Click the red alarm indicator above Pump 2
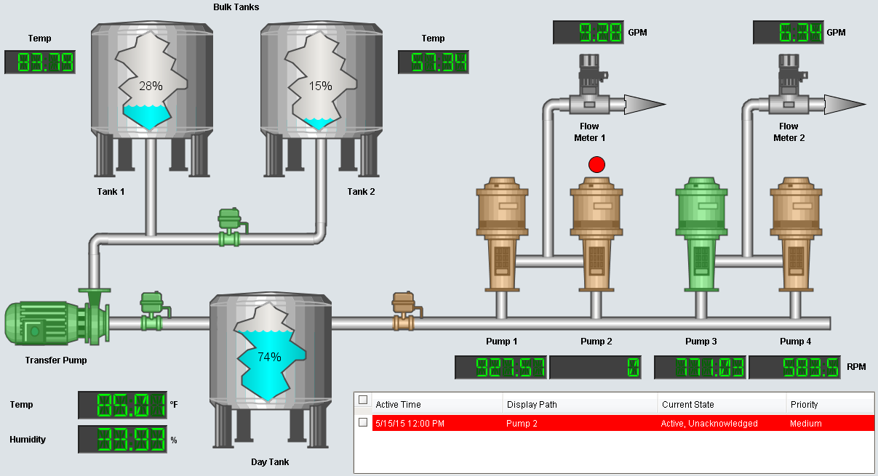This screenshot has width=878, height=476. coord(596,164)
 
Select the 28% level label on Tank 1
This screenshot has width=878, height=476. coord(151,86)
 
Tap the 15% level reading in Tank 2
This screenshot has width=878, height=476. coord(320,86)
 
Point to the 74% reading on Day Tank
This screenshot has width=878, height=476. coord(269,357)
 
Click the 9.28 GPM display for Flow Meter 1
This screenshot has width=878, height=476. coord(588,33)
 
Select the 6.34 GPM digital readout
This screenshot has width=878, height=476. coord(788,33)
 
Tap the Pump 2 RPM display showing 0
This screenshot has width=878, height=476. coord(595,368)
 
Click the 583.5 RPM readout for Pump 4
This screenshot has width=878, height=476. coord(794,368)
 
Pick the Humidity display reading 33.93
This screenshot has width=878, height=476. coord(122,440)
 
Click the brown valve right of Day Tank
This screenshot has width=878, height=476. coord(403,311)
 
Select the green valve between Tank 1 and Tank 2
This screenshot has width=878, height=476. coord(231,227)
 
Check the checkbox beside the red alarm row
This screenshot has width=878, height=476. coord(363,422)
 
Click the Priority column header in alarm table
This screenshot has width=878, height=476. coord(804,404)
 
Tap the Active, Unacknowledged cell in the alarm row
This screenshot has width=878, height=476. coord(709,423)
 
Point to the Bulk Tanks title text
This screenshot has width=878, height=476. coord(236,7)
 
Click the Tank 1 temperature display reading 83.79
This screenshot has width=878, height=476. coord(40,62)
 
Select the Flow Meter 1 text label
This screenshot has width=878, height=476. coord(588,132)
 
